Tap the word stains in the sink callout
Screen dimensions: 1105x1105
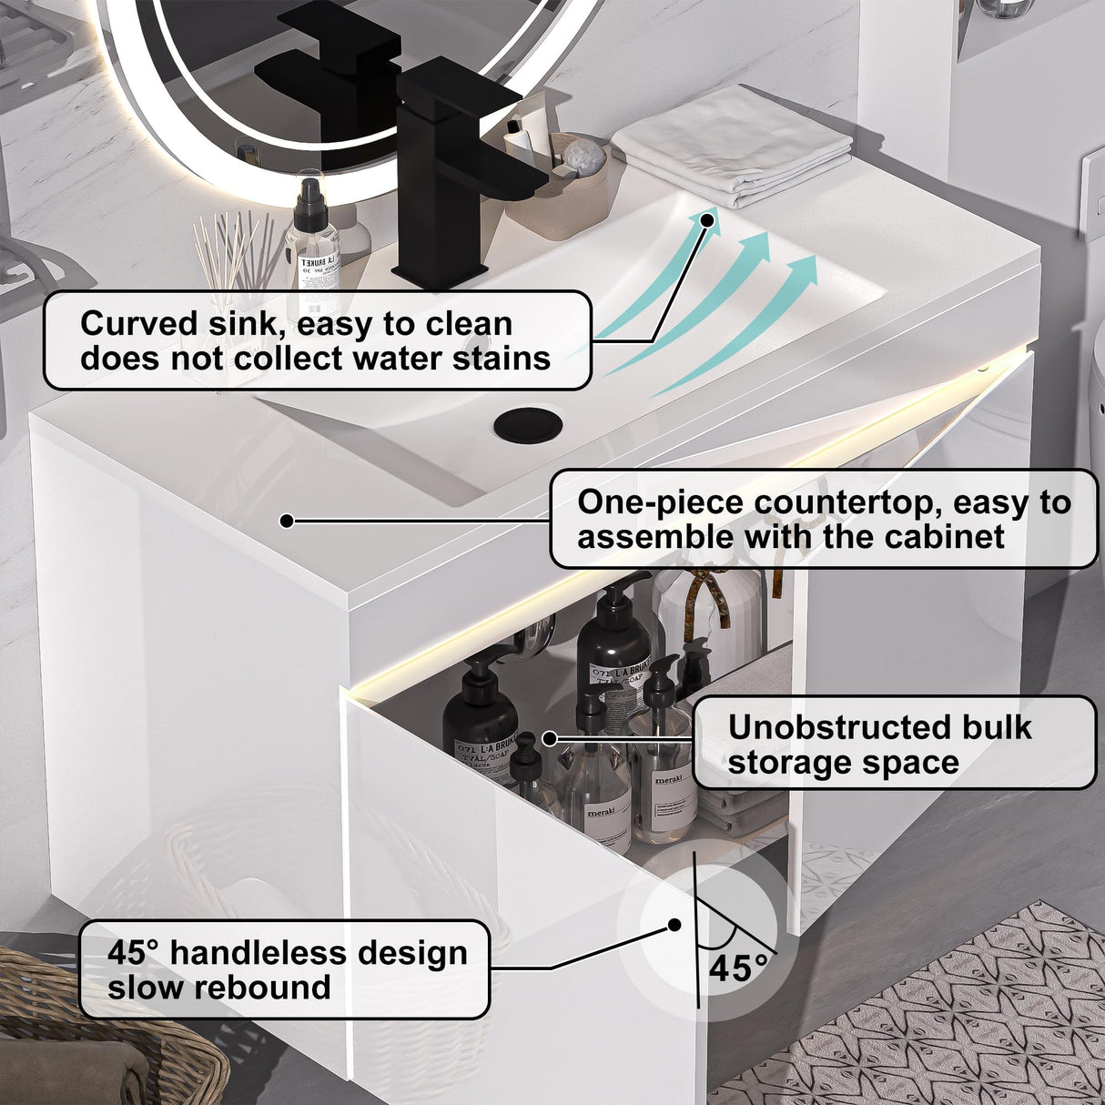507,359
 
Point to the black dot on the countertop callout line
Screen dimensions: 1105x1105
287,521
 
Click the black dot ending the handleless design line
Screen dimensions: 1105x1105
674,925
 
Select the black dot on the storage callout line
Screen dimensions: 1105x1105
549,738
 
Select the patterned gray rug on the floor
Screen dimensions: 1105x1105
947,1019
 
